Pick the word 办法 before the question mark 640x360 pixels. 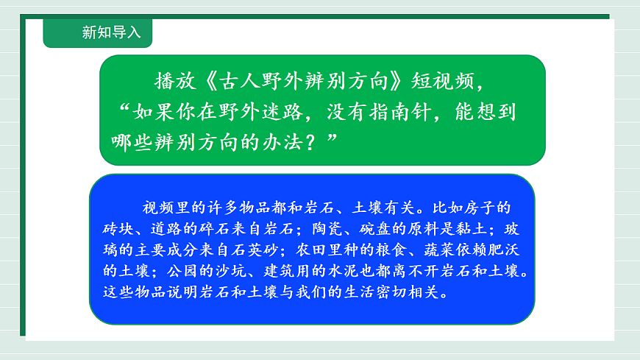point(282,141)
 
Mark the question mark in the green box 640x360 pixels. point(313,141)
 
